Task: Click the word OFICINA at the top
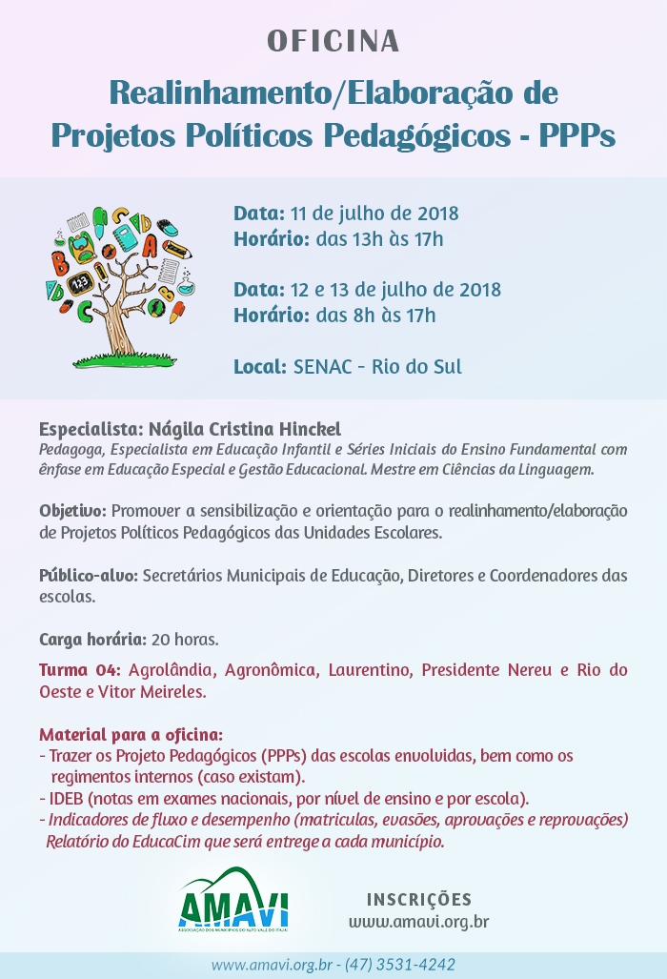coord(333,42)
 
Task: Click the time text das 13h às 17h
coord(379,238)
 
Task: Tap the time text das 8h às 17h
coord(375,315)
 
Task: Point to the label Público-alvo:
coord(89,576)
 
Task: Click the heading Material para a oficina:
coord(131,735)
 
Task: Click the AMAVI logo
coord(233,899)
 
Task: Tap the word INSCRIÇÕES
coord(418,899)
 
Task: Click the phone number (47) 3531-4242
coord(400,964)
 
